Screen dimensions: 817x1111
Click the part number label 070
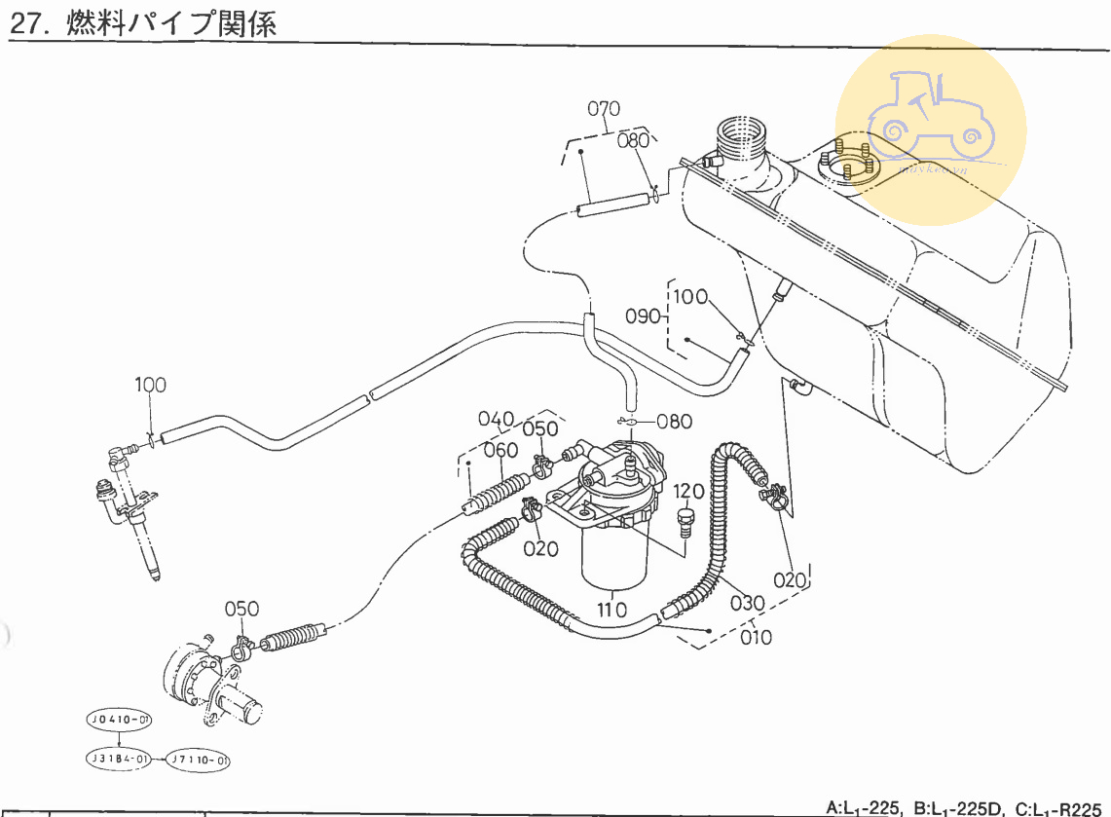pos(604,109)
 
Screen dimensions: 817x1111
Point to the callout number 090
pos(643,316)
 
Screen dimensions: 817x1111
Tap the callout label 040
pos(496,420)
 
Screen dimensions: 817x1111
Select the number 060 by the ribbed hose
pos(500,450)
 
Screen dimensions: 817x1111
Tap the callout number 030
pos(747,603)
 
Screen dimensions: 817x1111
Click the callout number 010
pos(756,638)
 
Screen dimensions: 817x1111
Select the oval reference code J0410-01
pos(118,721)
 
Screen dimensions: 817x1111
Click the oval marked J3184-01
pos(118,758)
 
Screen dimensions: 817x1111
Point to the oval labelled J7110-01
pos(201,758)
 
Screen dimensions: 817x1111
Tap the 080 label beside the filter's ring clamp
pos(674,422)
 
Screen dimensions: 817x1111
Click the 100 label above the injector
pos(150,386)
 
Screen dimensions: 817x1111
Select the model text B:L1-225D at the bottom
pos(963,807)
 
